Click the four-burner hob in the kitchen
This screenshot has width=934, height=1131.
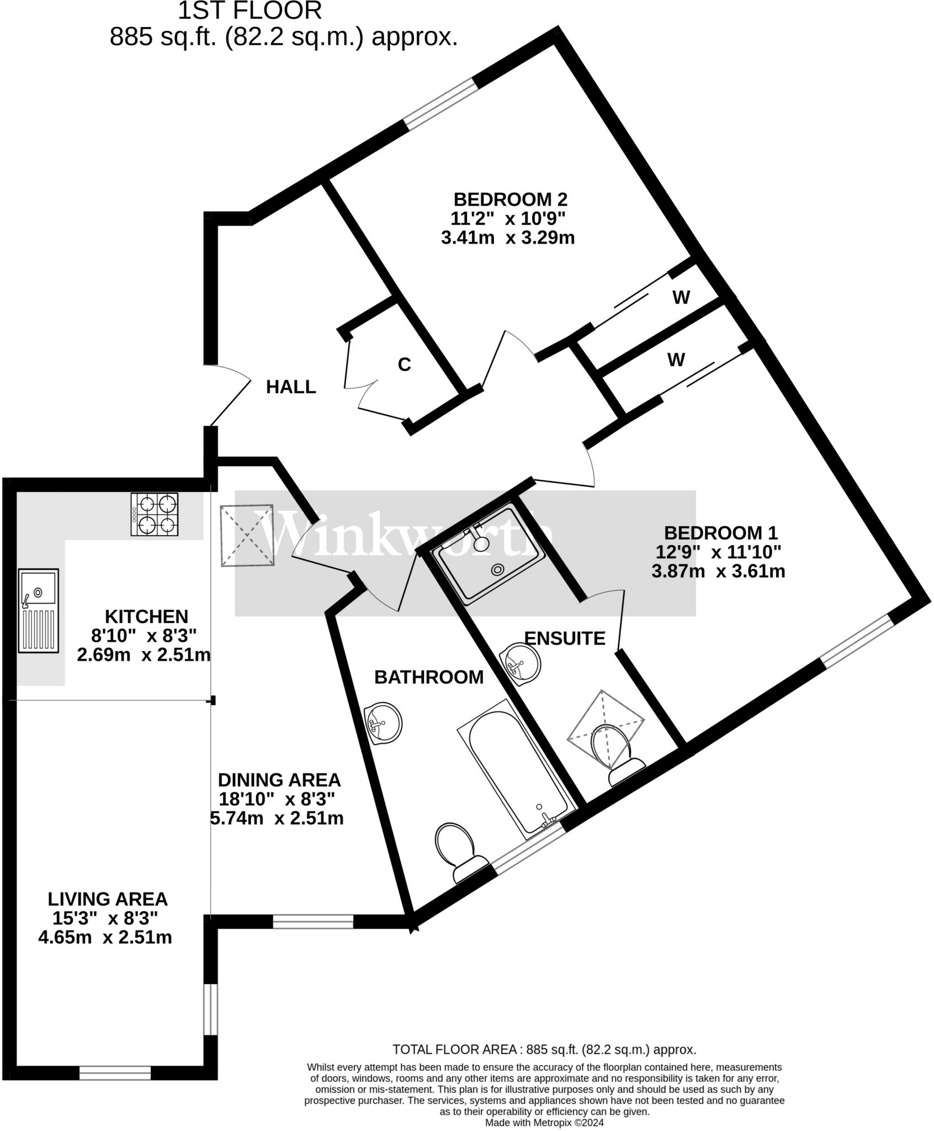pos(155,514)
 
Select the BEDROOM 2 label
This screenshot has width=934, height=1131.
pos(510,199)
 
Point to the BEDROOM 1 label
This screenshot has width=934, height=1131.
pos(720,533)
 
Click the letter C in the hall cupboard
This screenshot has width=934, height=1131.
pos(404,365)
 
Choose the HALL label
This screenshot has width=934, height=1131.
pos(291,387)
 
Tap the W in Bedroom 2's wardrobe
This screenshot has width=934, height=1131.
pos(681,298)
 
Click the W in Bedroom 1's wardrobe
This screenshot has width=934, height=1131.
pos(676,360)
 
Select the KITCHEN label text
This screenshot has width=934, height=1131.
pos(146,616)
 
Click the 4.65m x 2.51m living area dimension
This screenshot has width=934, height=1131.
pos(105,937)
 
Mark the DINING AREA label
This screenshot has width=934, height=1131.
pos(279,780)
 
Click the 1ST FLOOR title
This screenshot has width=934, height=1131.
pos(250,11)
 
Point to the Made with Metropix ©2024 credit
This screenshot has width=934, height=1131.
pos(544,1123)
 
